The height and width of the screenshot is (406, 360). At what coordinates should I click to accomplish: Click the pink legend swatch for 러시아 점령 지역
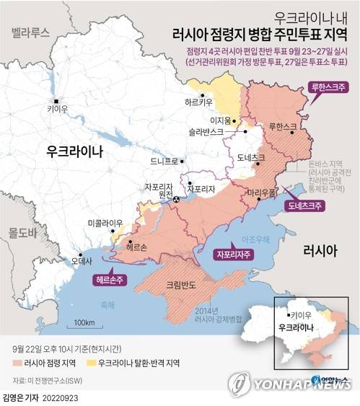click(16, 363)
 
